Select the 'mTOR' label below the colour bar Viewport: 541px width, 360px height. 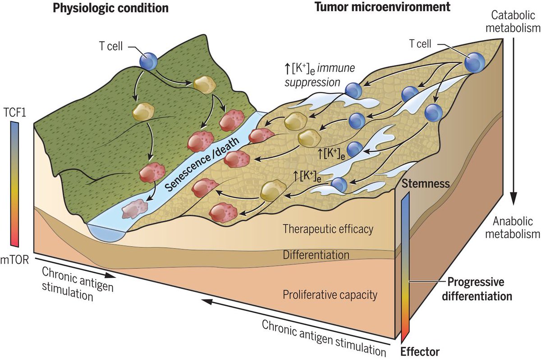pyautogui.click(x=15, y=255)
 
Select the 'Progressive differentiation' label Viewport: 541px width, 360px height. pyautogui.click(x=479, y=289)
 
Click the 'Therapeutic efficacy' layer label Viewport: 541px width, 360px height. pyautogui.click(x=328, y=229)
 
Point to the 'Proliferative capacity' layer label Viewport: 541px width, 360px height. pyautogui.click(x=330, y=295)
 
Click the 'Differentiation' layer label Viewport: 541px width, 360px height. pyautogui.click(x=316, y=254)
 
